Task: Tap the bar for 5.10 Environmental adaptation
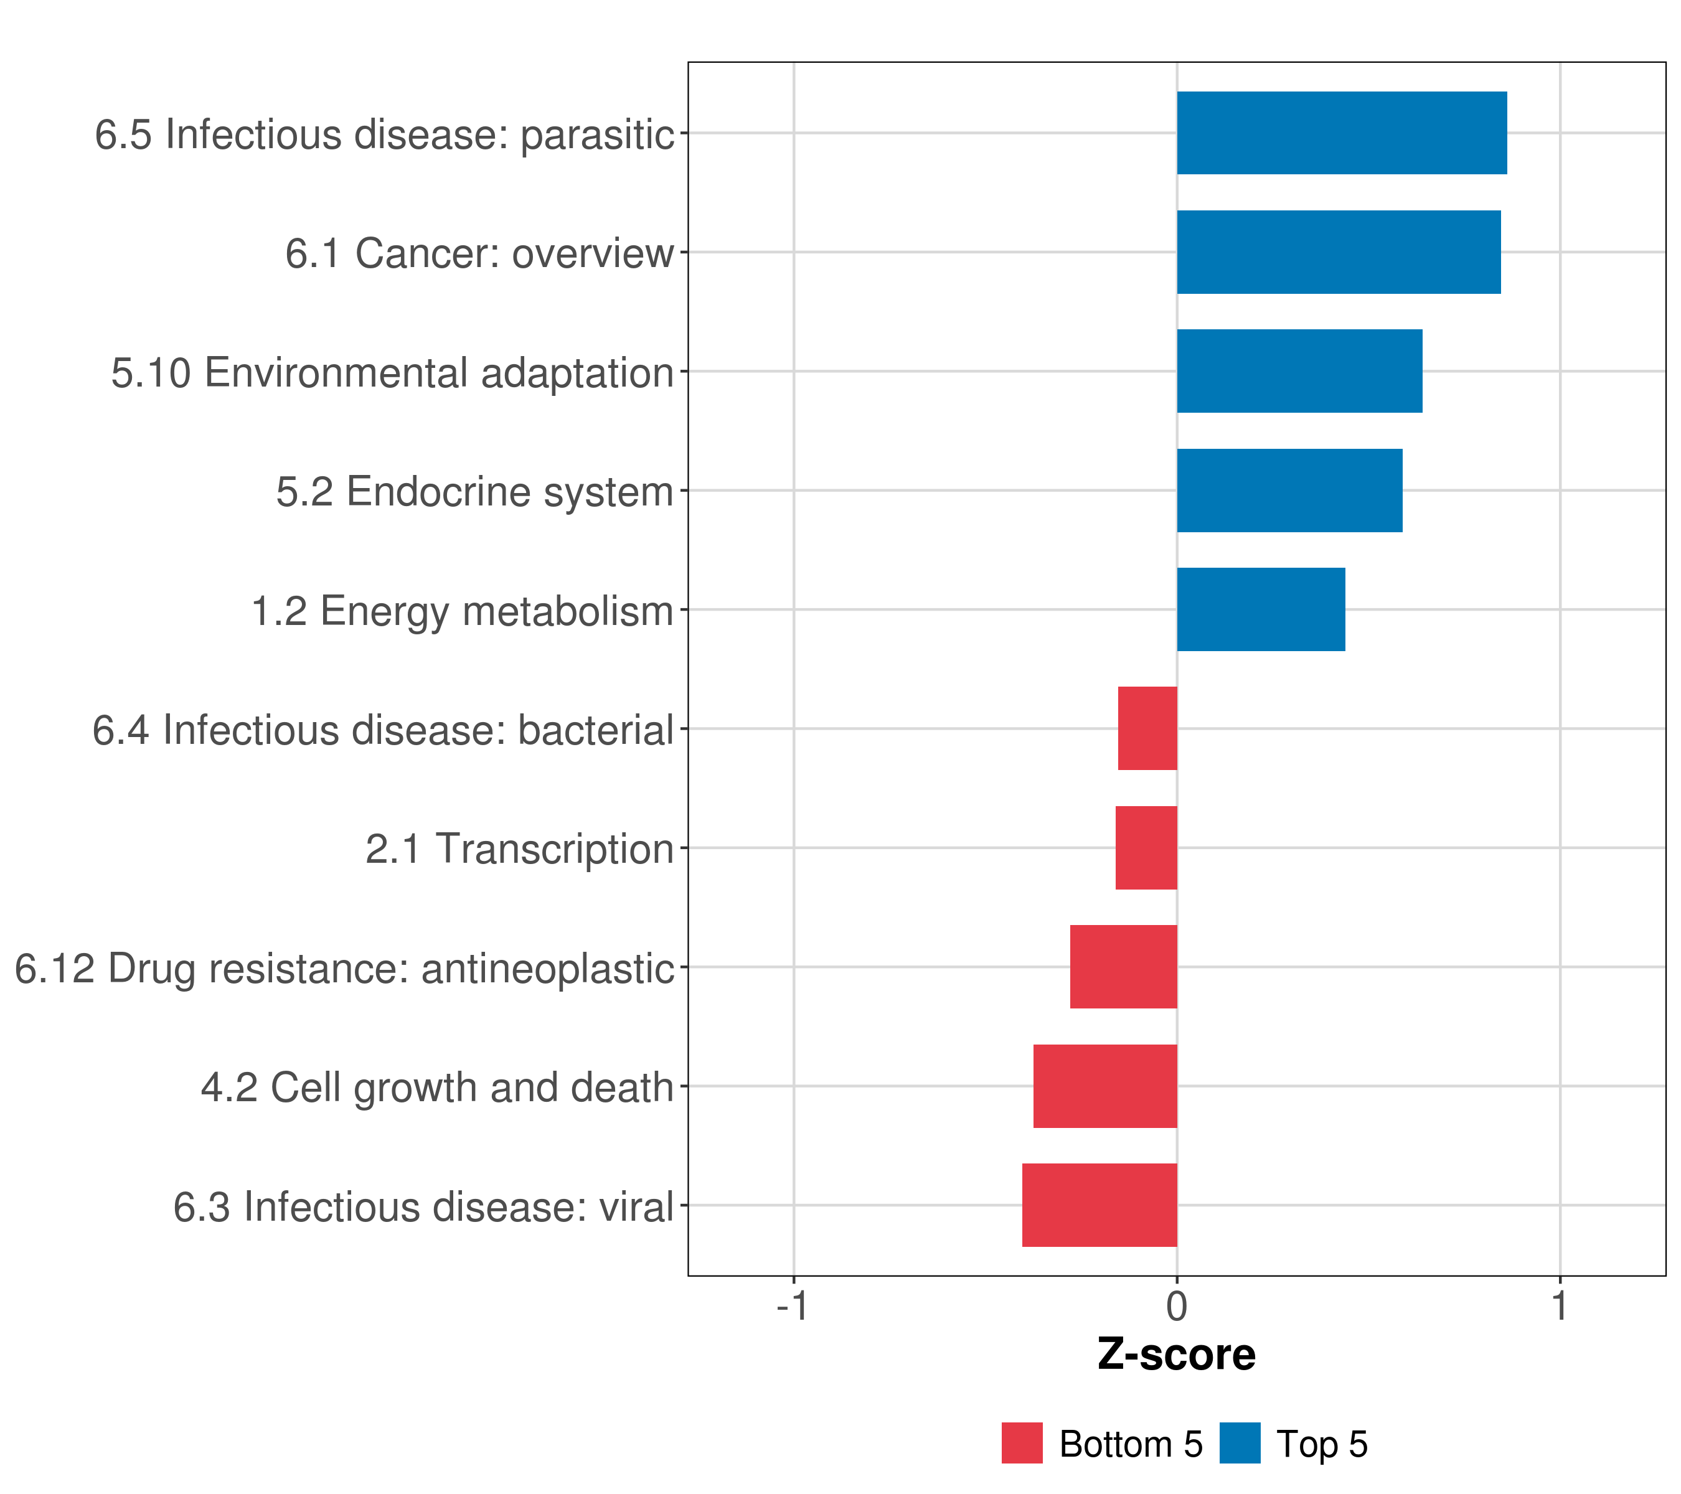pos(1299,371)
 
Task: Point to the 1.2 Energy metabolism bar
pos(1261,609)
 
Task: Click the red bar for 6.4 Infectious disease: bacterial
pos(1147,728)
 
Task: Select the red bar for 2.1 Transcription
pos(1146,848)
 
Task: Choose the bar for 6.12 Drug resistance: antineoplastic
pos(1123,967)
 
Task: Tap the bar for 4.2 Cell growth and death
pos(1104,1086)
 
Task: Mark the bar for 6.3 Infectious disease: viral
pos(1099,1205)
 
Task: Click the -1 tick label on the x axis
pos(793,1307)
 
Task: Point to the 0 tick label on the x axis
pos(1177,1307)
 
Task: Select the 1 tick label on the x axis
pos(1560,1307)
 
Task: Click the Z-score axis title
pos(1177,1355)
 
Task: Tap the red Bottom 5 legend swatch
pos(1022,1443)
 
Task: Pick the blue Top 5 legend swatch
pos(1240,1443)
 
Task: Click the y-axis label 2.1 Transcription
pos(519,848)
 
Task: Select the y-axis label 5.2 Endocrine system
pos(474,492)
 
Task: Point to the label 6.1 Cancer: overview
pos(479,253)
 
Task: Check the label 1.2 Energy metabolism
pos(462,611)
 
